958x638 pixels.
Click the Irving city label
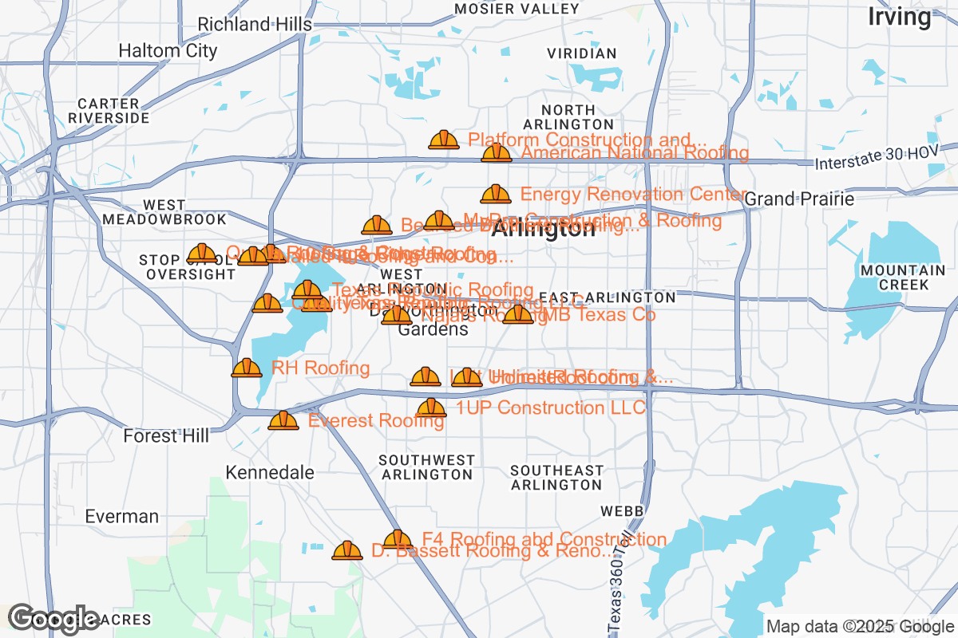[x=900, y=17]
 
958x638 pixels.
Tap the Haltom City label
[x=168, y=51]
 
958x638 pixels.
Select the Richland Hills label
[x=255, y=25]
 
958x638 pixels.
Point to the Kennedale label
[x=270, y=472]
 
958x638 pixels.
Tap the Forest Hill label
[x=166, y=436]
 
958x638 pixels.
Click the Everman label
[x=122, y=516]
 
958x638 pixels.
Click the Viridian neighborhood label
[x=582, y=53]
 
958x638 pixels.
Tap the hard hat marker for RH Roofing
[x=247, y=368]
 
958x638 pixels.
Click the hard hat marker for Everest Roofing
[x=283, y=420]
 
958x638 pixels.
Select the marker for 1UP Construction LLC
[x=432, y=408]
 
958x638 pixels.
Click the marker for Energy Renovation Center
[x=496, y=194]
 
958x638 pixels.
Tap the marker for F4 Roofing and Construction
[x=398, y=540]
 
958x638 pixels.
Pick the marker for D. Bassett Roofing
[x=347, y=550]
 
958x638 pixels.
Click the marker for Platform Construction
[x=444, y=140]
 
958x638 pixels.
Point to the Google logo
[x=53, y=618]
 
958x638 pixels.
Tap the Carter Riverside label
[x=109, y=111]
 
